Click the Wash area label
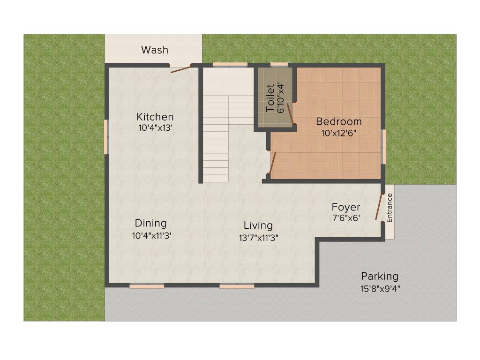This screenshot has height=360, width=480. coord(155,50)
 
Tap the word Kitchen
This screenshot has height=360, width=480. coord(155,117)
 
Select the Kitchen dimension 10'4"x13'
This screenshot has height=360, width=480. coord(155,127)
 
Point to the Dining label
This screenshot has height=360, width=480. coord(151,223)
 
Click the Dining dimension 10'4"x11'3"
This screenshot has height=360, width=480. coord(151,236)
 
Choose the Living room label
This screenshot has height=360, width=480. coord(258,225)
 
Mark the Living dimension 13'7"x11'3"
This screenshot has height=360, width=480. coord(258,238)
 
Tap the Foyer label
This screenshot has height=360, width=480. coord(346,207)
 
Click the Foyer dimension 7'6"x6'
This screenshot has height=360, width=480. coord(346,218)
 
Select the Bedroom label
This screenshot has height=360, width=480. coord(339,122)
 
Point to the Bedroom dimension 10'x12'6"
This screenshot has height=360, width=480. coord(339,133)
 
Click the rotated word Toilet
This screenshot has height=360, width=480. coord(270,98)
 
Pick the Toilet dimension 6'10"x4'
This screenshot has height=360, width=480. coord(281,98)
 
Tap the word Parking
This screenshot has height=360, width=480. coord(380,276)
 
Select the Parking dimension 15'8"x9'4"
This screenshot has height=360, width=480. coord(380,288)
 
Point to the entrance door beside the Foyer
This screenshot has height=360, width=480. coord(379,207)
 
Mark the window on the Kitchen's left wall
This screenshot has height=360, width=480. coord(106,136)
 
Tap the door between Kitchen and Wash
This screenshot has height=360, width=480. coord(181,69)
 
